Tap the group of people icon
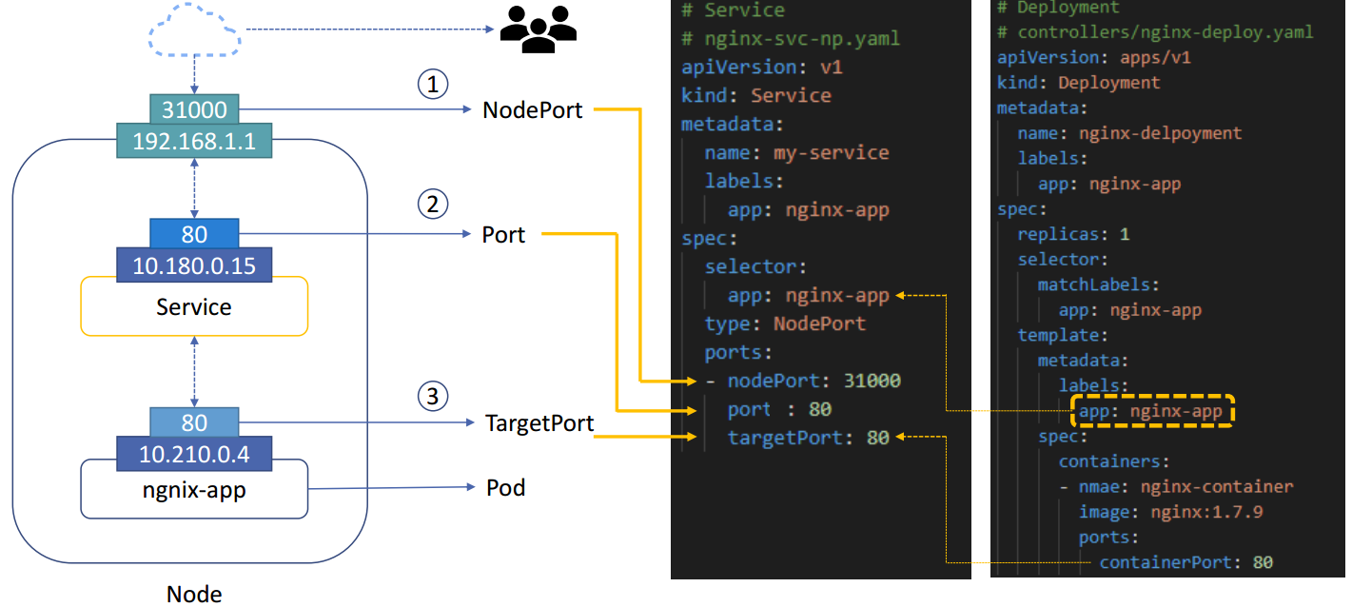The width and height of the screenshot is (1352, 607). click(539, 30)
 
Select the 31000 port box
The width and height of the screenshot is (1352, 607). click(194, 108)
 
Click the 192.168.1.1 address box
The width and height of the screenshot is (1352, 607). click(194, 141)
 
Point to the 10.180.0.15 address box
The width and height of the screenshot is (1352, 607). click(194, 265)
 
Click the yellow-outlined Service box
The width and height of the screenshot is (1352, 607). click(194, 307)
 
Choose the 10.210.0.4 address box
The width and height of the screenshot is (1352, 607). click(194, 454)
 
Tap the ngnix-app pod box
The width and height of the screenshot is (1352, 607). click(194, 490)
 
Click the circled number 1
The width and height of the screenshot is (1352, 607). click(433, 85)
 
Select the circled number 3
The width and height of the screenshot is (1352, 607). click(433, 397)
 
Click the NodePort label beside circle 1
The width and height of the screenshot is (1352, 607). click(532, 109)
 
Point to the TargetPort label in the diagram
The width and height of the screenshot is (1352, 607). click(539, 422)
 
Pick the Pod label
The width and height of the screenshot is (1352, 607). click(505, 488)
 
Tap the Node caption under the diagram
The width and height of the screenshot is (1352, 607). click(194, 595)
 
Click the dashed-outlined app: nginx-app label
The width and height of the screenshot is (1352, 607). click(1152, 412)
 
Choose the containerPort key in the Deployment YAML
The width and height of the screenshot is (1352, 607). click(1164, 562)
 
